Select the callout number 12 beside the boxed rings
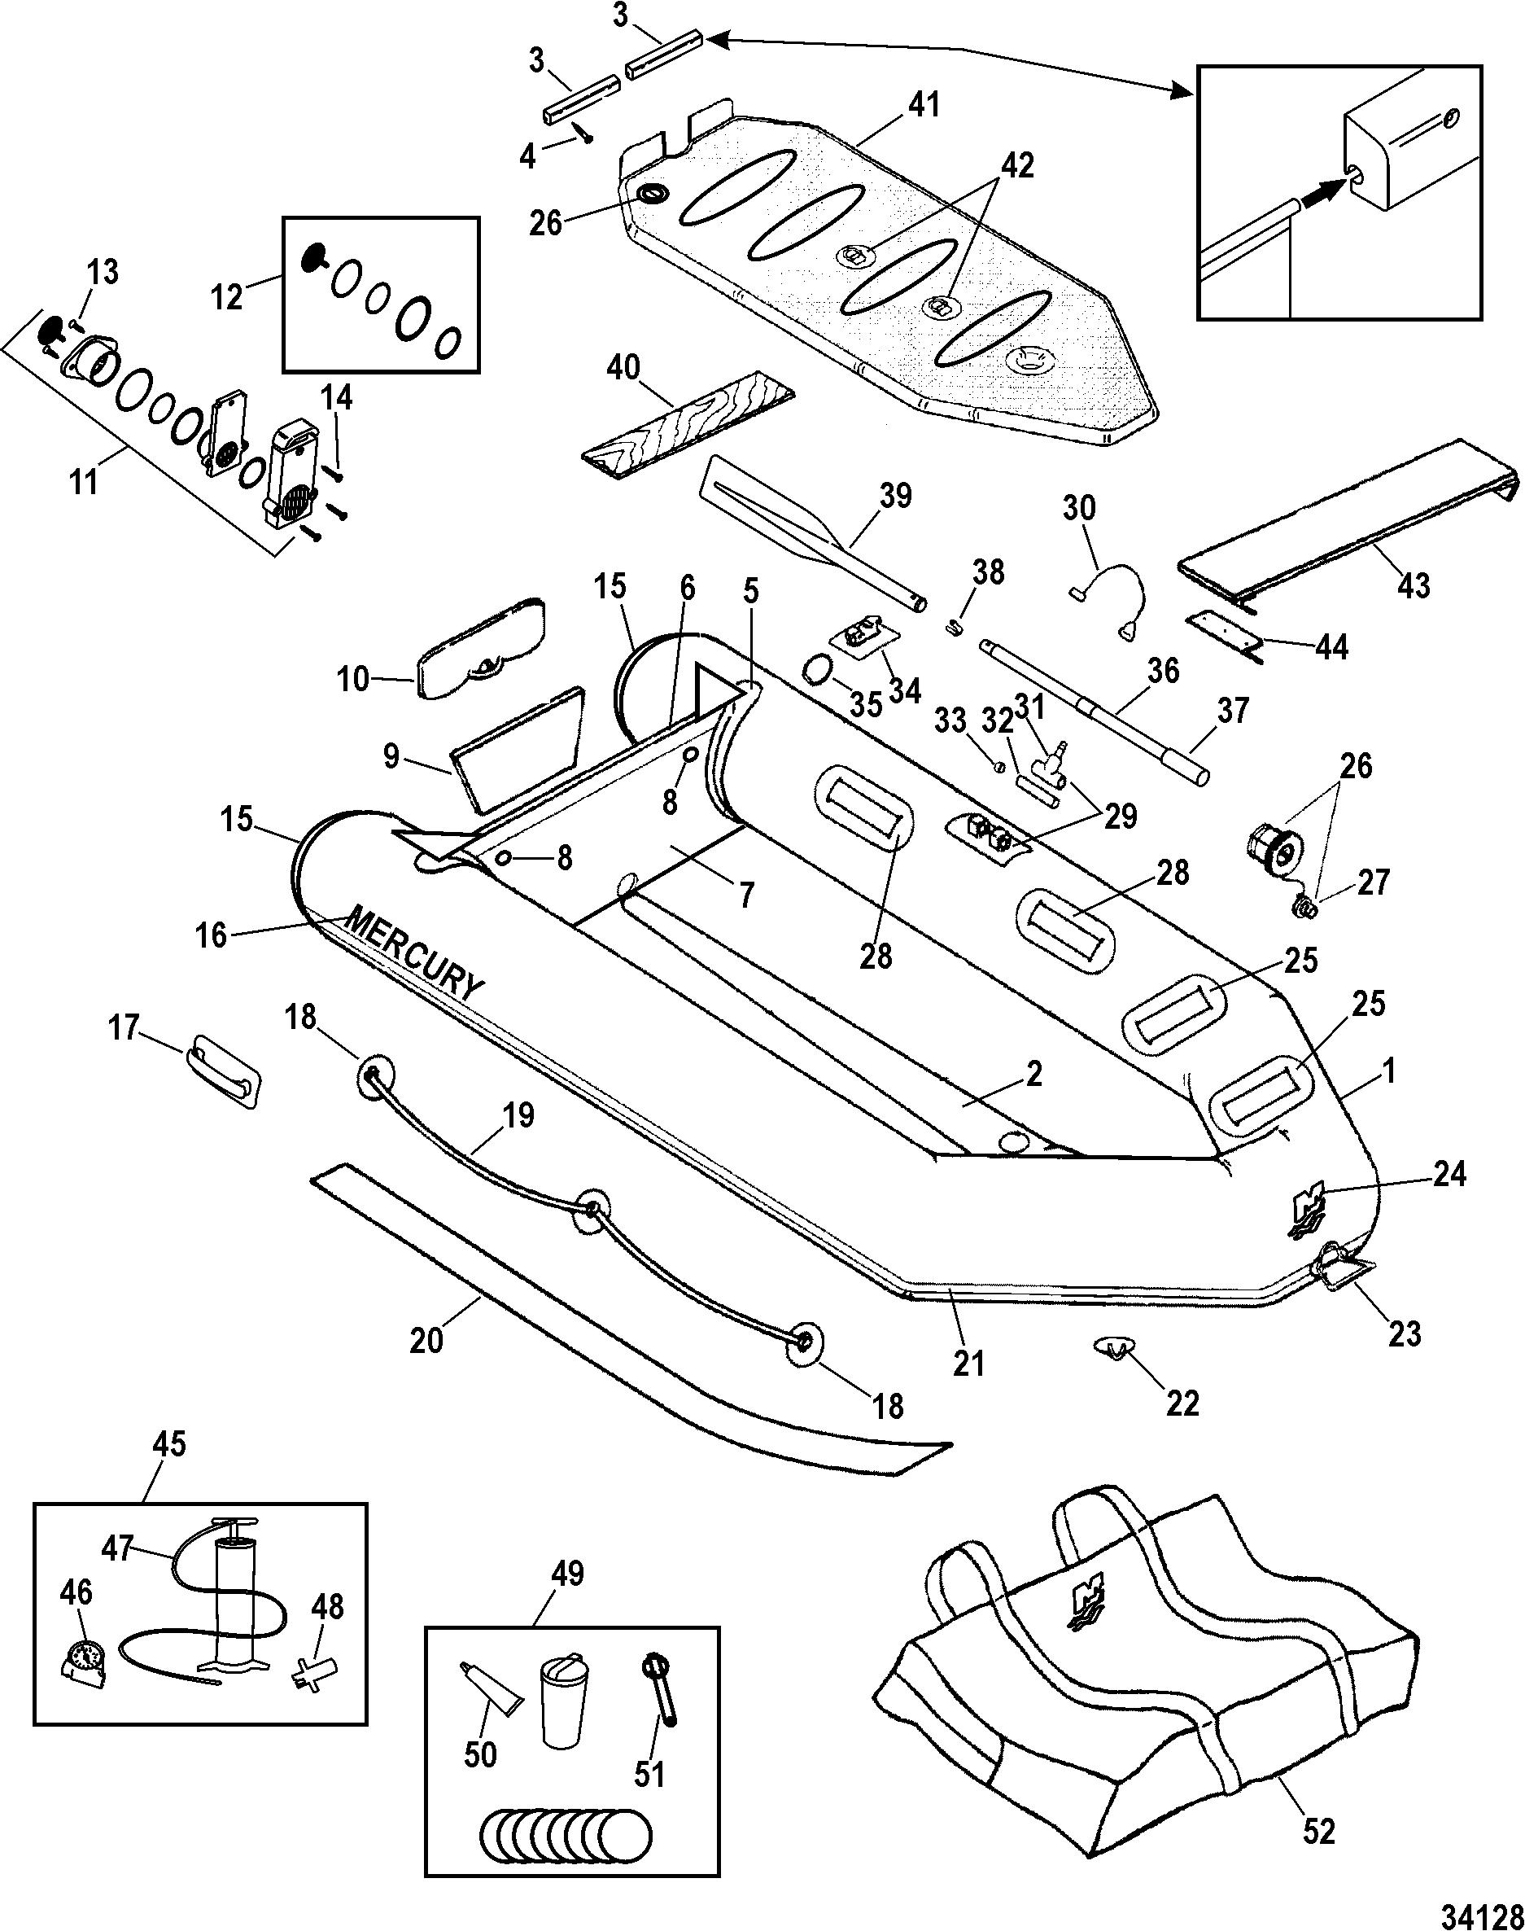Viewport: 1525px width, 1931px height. point(227,296)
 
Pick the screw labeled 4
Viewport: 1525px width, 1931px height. point(587,135)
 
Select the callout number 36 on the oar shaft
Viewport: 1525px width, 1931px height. point(1164,670)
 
